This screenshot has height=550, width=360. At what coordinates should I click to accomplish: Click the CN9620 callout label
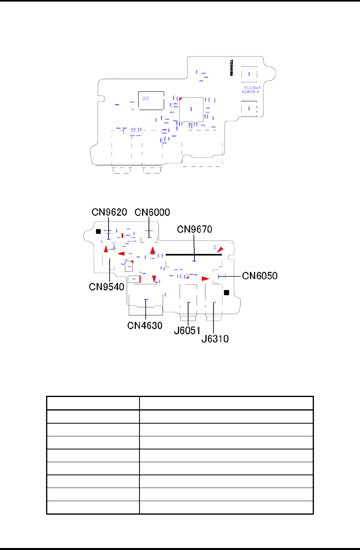click(109, 212)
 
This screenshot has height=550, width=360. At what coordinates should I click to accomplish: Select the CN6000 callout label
click(152, 212)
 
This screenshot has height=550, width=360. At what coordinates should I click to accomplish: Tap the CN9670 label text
click(194, 229)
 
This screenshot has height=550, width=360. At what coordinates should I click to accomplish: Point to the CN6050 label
click(260, 276)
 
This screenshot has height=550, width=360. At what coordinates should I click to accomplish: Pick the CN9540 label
click(107, 287)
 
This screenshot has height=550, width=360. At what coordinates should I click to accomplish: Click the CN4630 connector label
click(145, 325)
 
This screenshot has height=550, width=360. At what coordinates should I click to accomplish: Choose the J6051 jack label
click(187, 330)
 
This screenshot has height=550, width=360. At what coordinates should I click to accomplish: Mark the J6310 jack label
click(215, 339)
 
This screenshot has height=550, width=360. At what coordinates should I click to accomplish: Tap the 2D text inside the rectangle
click(146, 98)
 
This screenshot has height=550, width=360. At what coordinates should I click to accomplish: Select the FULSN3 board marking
click(252, 88)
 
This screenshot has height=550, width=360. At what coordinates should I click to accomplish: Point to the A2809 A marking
click(250, 92)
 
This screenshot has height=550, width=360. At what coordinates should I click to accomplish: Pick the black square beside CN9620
click(98, 231)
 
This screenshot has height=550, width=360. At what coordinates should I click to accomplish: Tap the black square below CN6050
click(226, 292)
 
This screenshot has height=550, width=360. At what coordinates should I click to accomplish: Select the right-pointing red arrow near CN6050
click(205, 279)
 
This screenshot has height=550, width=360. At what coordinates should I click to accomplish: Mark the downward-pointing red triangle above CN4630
click(154, 279)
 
